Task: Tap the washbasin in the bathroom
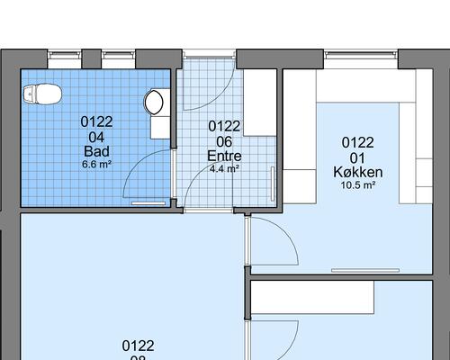click(157, 100)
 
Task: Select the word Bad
click(96, 150)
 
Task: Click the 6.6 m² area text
click(96, 165)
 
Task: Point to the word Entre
click(224, 156)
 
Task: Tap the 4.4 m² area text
click(224, 168)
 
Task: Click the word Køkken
click(358, 172)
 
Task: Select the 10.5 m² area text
click(358, 185)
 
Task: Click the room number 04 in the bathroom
click(96, 136)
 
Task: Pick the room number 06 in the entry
click(224, 141)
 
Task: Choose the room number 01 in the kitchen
click(358, 157)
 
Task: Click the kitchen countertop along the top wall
click(360, 87)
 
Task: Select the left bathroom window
click(63, 56)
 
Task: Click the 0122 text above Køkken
click(358, 142)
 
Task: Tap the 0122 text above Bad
click(96, 121)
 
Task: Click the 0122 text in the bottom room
click(139, 346)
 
